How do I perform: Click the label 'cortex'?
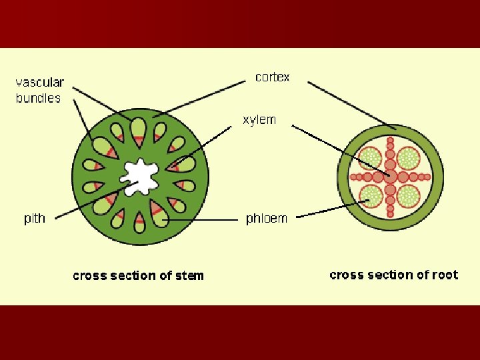[x=273, y=77]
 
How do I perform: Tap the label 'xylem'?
[x=259, y=120]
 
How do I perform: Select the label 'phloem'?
[x=266, y=219]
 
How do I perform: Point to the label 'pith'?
[x=35, y=219]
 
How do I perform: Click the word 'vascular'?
[x=40, y=83]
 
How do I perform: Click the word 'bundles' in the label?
[x=38, y=98]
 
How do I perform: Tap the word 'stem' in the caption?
[x=189, y=275]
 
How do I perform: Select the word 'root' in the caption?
[x=443, y=275]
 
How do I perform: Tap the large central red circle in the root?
[x=390, y=177]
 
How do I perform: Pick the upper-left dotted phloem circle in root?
[x=371, y=159]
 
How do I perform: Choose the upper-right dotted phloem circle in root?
[x=409, y=159]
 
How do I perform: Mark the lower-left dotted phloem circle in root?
[x=371, y=196]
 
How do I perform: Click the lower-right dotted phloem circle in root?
[x=409, y=196]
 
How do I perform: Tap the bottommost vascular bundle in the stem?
[x=139, y=223]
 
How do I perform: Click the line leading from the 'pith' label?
[x=87, y=203]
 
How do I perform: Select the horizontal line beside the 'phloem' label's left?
[x=200, y=219]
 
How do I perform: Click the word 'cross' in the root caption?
[x=347, y=275]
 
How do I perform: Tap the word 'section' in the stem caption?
[x=134, y=275]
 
